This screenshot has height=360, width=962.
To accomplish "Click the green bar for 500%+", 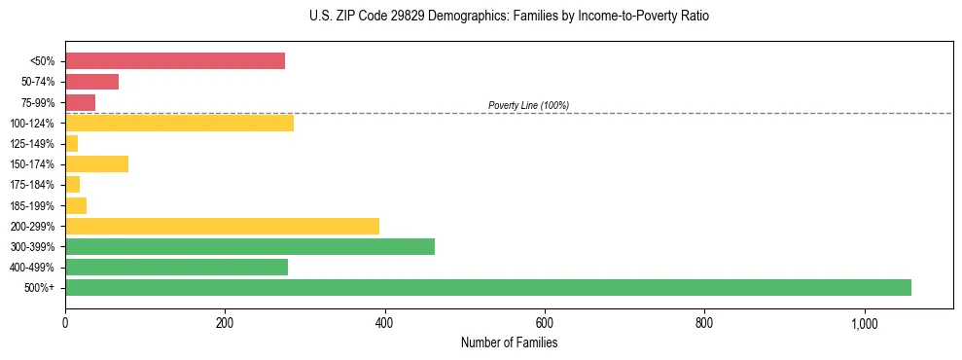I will coord(487,287).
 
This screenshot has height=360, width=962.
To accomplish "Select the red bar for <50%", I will coord(175,61).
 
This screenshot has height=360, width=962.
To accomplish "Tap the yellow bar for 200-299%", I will coord(222,226).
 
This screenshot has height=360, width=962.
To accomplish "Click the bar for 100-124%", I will coord(179,123).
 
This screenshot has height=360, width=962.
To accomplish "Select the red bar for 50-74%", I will coord(91,82).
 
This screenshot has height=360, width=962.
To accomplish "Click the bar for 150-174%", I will coord(96,163).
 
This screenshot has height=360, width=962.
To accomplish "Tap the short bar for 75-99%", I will coord(80,102).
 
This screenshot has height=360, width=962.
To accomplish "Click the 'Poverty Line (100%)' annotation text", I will coord(528,105).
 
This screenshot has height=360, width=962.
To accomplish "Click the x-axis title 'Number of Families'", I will coord(509,342).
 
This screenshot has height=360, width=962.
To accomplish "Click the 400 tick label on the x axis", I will coord(384,323).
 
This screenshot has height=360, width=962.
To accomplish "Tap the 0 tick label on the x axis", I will coord(65,323).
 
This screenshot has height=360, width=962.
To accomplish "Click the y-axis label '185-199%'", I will coord(32,205).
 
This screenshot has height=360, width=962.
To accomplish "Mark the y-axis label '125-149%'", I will coord(32,144).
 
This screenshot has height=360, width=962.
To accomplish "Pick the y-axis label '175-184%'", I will coord(32,185).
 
